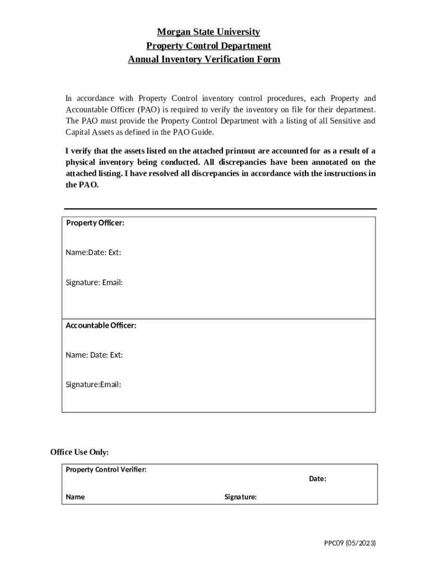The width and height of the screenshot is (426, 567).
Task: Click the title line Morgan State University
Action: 208,32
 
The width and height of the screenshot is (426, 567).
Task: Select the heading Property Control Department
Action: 208,46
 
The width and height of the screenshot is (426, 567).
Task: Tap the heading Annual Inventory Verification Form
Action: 204,59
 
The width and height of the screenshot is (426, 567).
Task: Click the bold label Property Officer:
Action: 95,223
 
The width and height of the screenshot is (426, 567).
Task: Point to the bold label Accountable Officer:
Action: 101,325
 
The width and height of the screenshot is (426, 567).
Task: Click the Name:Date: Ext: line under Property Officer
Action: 93,252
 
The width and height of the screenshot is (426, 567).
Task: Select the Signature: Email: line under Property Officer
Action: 94,282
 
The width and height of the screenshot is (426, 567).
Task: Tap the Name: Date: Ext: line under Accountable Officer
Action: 94,354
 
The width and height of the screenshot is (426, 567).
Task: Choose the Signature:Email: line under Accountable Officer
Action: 93,384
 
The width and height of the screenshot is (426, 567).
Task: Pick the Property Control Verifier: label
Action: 106,470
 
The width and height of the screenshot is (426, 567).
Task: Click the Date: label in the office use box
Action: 318,478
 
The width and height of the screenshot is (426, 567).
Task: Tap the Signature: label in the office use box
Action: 241,497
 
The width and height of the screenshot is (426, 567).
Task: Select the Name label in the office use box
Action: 75,497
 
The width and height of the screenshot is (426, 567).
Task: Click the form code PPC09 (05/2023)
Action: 350,543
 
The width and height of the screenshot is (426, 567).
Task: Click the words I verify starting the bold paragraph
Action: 79,151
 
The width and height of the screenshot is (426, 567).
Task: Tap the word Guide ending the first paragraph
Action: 202,132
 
